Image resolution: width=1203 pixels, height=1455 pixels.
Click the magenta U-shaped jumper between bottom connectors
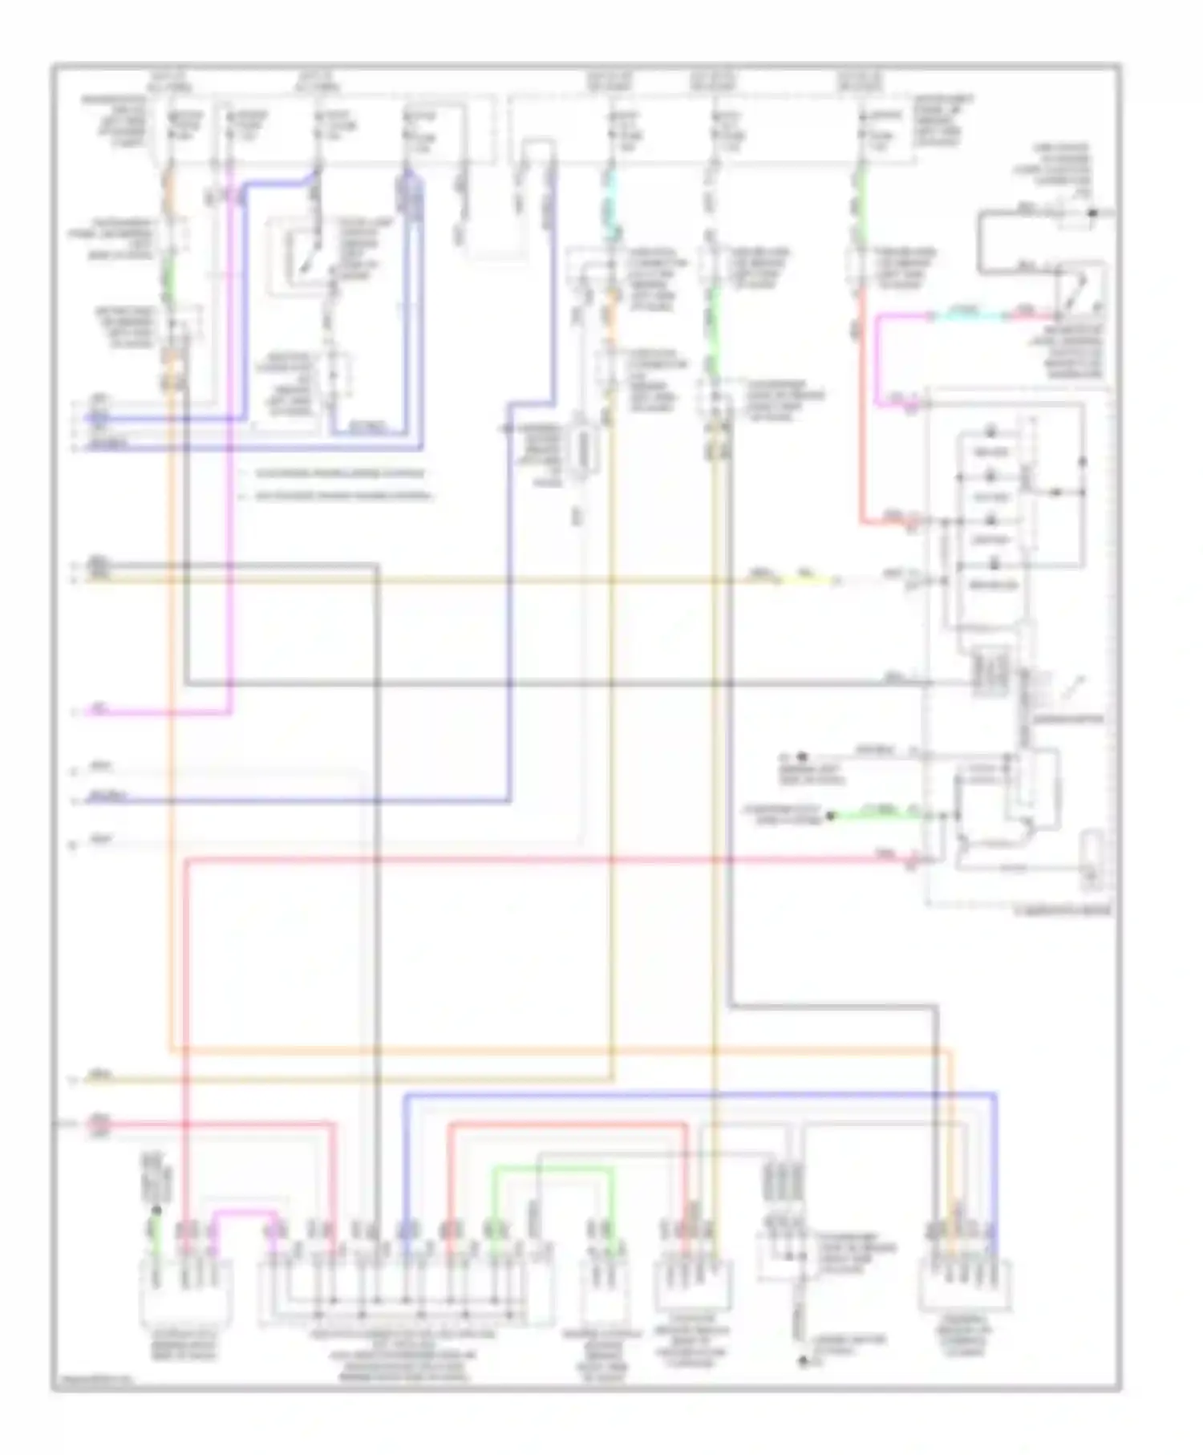click(x=245, y=1216)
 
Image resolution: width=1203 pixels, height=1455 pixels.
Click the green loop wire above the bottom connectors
click(x=553, y=1170)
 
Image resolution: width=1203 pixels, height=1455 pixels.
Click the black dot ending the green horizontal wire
click(x=832, y=816)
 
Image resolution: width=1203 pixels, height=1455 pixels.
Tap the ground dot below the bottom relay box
click(x=803, y=1361)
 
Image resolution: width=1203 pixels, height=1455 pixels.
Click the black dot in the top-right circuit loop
click(x=1091, y=213)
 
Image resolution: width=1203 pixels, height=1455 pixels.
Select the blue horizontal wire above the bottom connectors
click(x=698, y=1094)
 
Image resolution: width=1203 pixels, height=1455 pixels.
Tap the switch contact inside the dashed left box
click(x=304, y=258)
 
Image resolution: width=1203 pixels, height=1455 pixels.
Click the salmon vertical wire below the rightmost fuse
click(x=862, y=401)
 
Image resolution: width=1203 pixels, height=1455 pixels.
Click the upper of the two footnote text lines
click(x=341, y=474)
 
